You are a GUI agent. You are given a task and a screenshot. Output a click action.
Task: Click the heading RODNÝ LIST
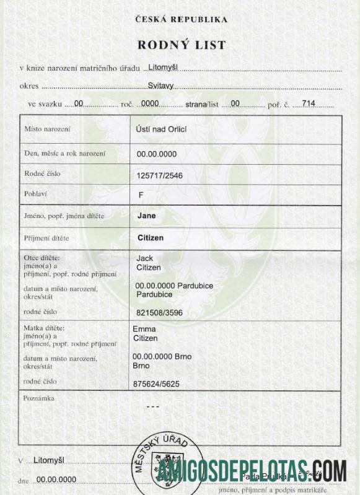pyautogui.click(x=181, y=45)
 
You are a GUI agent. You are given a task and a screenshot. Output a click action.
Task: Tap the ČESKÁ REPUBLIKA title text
pyautogui.click(x=181, y=19)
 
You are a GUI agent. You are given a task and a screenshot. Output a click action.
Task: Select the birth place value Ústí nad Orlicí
pyautogui.click(x=162, y=129)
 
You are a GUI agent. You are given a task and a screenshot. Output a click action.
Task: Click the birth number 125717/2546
pyautogui.click(x=160, y=175)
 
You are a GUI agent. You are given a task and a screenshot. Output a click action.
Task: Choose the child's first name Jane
pyautogui.click(x=146, y=216)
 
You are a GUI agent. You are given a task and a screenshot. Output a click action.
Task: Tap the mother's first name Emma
pyautogui.click(x=144, y=329)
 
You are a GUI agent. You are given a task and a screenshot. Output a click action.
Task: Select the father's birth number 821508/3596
pyautogui.click(x=160, y=313)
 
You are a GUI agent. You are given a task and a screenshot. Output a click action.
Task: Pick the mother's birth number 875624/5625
pyautogui.click(x=156, y=384)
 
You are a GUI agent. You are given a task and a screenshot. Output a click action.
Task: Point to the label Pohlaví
pyautogui.click(x=37, y=194)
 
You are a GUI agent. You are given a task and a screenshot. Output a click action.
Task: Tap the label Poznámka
pyautogui.click(x=38, y=398)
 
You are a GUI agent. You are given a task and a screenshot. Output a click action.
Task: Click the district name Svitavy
pyautogui.click(x=160, y=87)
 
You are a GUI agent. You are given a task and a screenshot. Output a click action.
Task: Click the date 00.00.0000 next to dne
pyautogui.click(x=56, y=480)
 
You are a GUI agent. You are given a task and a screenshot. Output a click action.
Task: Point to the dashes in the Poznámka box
pyautogui.click(x=152, y=406)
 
